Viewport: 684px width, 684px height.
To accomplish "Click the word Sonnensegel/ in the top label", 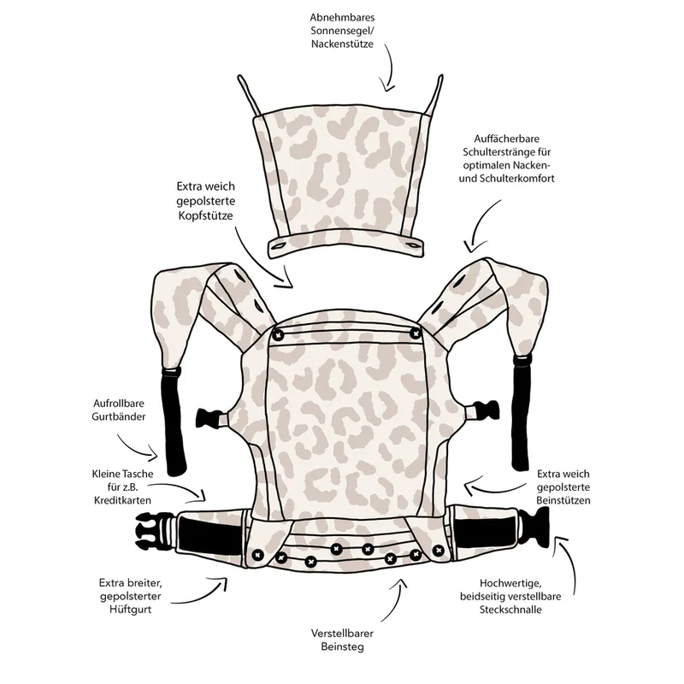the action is [343, 31].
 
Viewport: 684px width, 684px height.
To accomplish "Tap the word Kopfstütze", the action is [205, 216].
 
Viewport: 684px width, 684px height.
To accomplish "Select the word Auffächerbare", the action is [506, 139].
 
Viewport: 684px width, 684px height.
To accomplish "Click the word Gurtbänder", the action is [119, 416].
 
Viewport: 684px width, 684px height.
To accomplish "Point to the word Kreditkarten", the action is [122, 500].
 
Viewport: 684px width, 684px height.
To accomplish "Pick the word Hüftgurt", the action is [131, 609].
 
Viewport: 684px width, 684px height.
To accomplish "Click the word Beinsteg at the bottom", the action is [343, 646].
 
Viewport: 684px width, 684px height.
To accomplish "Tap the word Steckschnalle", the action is [510, 610].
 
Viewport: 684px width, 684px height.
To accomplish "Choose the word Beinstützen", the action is [563, 500].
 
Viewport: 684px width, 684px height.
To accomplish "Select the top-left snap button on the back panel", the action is [278, 335].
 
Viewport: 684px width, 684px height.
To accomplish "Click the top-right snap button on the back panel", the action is [416, 334].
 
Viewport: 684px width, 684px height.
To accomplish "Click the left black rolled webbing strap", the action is [174, 422].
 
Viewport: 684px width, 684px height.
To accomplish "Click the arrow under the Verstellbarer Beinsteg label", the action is [397, 599].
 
